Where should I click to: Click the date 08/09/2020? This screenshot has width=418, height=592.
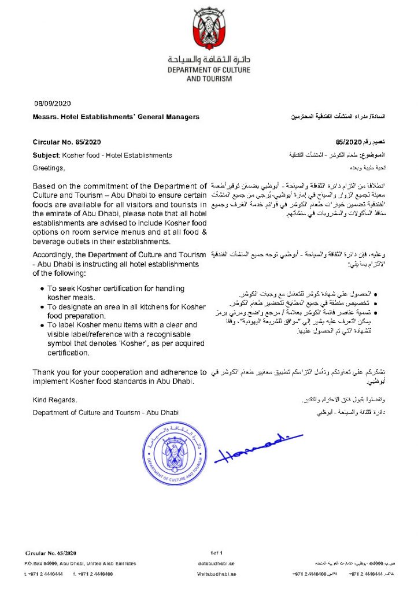(53, 103)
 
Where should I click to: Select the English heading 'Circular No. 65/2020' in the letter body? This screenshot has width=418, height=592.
(66, 142)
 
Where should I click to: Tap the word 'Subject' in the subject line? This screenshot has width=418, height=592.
(46, 156)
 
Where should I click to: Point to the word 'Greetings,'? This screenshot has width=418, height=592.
(49, 169)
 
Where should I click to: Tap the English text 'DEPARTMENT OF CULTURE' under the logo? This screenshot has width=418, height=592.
(209, 70)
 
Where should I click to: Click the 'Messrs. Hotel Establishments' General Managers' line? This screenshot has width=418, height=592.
(116, 117)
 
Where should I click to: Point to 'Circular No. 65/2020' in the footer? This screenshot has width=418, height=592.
(51, 553)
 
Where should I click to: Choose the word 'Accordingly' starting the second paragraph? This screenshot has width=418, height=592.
(54, 255)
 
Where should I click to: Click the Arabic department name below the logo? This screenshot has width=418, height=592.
(209, 60)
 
